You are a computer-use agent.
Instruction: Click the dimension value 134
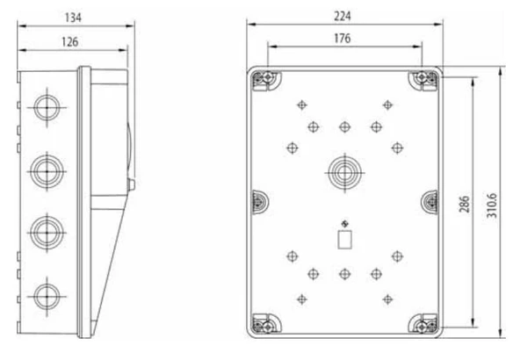[74, 17]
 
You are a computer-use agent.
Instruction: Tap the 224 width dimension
[343, 17]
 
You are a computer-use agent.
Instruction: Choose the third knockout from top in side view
[42, 232]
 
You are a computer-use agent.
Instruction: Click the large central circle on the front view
[343, 170]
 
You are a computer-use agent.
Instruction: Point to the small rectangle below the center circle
[344, 239]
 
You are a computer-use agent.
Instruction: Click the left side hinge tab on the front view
[258, 200]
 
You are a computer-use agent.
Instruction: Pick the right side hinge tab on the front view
[430, 200]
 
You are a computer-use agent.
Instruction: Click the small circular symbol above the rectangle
[344, 221]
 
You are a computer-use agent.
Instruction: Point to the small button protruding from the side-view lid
[130, 184]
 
